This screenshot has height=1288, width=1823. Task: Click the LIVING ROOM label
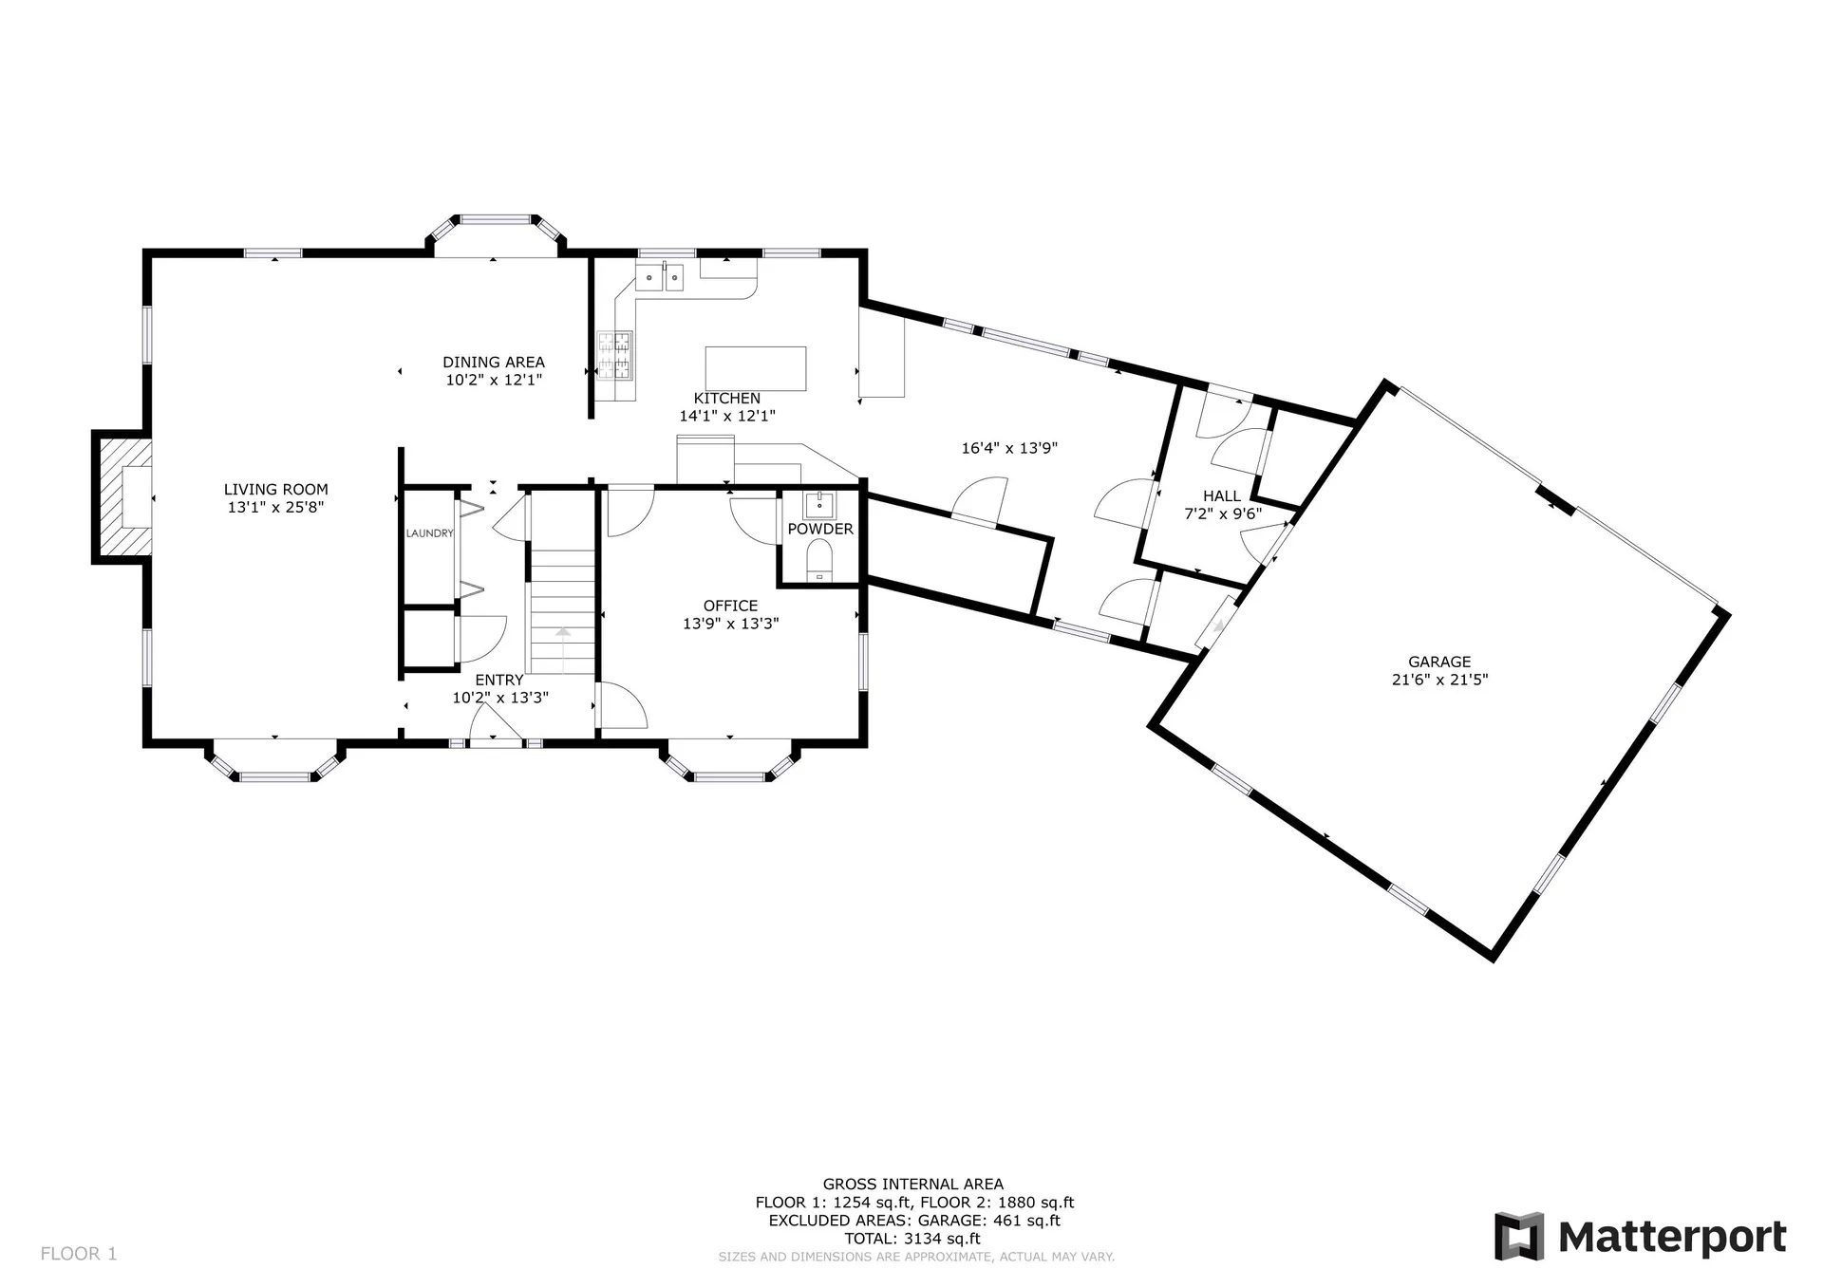[276, 490]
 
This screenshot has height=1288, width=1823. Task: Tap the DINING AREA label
[494, 362]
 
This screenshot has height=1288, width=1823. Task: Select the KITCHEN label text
[727, 399]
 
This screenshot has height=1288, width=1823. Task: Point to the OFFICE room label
[730, 606]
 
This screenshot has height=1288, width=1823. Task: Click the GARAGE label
[1439, 662]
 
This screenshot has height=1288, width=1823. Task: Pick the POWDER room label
[820, 529]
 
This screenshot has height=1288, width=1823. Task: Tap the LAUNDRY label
[430, 533]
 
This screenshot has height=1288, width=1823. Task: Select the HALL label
[1222, 495]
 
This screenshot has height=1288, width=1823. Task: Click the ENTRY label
[499, 680]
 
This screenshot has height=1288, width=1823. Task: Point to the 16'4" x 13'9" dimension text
[1009, 448]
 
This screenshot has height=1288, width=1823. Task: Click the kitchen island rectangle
[756, 369]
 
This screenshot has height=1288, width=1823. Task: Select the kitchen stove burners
[615, 354]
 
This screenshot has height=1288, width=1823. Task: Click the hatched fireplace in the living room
[123, 496]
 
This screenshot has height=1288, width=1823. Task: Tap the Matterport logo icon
[1519, 1236]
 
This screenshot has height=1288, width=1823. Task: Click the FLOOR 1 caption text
[79, 1254]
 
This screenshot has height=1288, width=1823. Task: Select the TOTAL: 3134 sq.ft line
[912, 1239]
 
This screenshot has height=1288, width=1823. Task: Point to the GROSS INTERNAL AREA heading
[912, 1185]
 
